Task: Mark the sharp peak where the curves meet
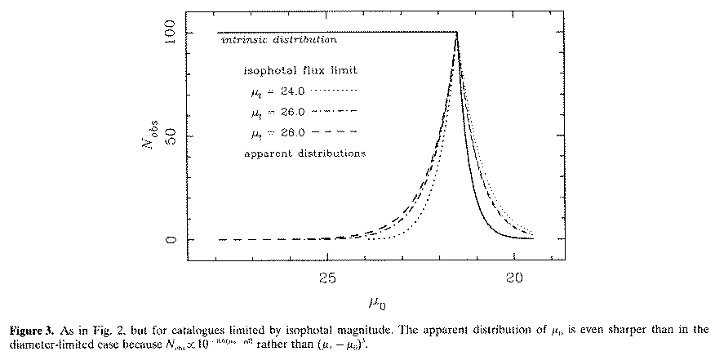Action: (x=456, y=33)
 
